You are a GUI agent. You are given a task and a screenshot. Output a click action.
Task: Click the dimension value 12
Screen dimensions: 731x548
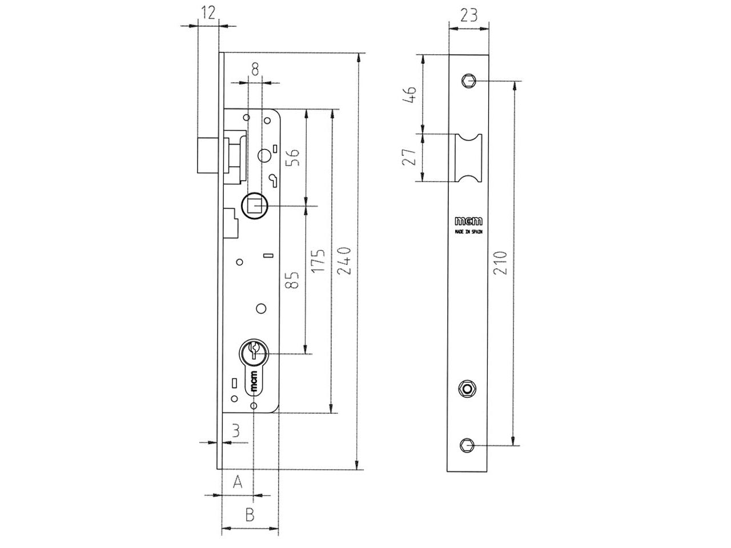click(208, 13)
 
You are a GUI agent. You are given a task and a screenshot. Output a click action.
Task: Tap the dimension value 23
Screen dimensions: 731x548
click(468, 15)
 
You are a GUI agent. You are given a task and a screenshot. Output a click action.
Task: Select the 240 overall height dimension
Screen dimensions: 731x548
click(344, 260)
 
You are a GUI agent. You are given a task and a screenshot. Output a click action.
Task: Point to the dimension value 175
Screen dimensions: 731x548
click(318, 261)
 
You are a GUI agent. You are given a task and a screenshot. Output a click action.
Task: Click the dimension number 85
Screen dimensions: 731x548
click(292, 280)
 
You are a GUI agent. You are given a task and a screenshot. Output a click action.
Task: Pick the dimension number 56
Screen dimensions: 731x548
click(293, 158)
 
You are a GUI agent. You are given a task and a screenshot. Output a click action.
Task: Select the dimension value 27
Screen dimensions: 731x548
click(409, 157)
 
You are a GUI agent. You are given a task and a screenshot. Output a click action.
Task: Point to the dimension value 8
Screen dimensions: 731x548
click(255, 69)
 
